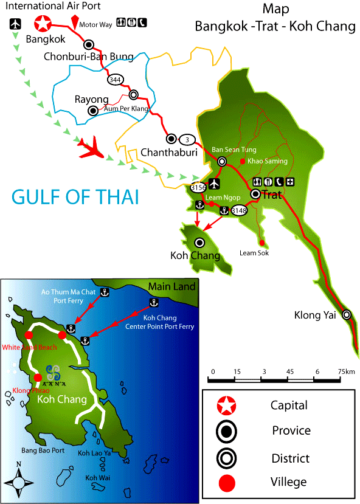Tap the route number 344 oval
pos(114,80)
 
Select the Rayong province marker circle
pos(92,111)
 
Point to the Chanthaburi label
pos(169,152)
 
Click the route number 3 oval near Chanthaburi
pos(188,139)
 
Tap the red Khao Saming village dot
pos(243,161)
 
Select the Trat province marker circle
pos(256,194)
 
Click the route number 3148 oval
pos(239,210)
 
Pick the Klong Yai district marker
pos(347,314)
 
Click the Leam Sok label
pos(254,253)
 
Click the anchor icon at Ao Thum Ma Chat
pos(104,293)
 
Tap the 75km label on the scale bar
pos(347,371)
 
